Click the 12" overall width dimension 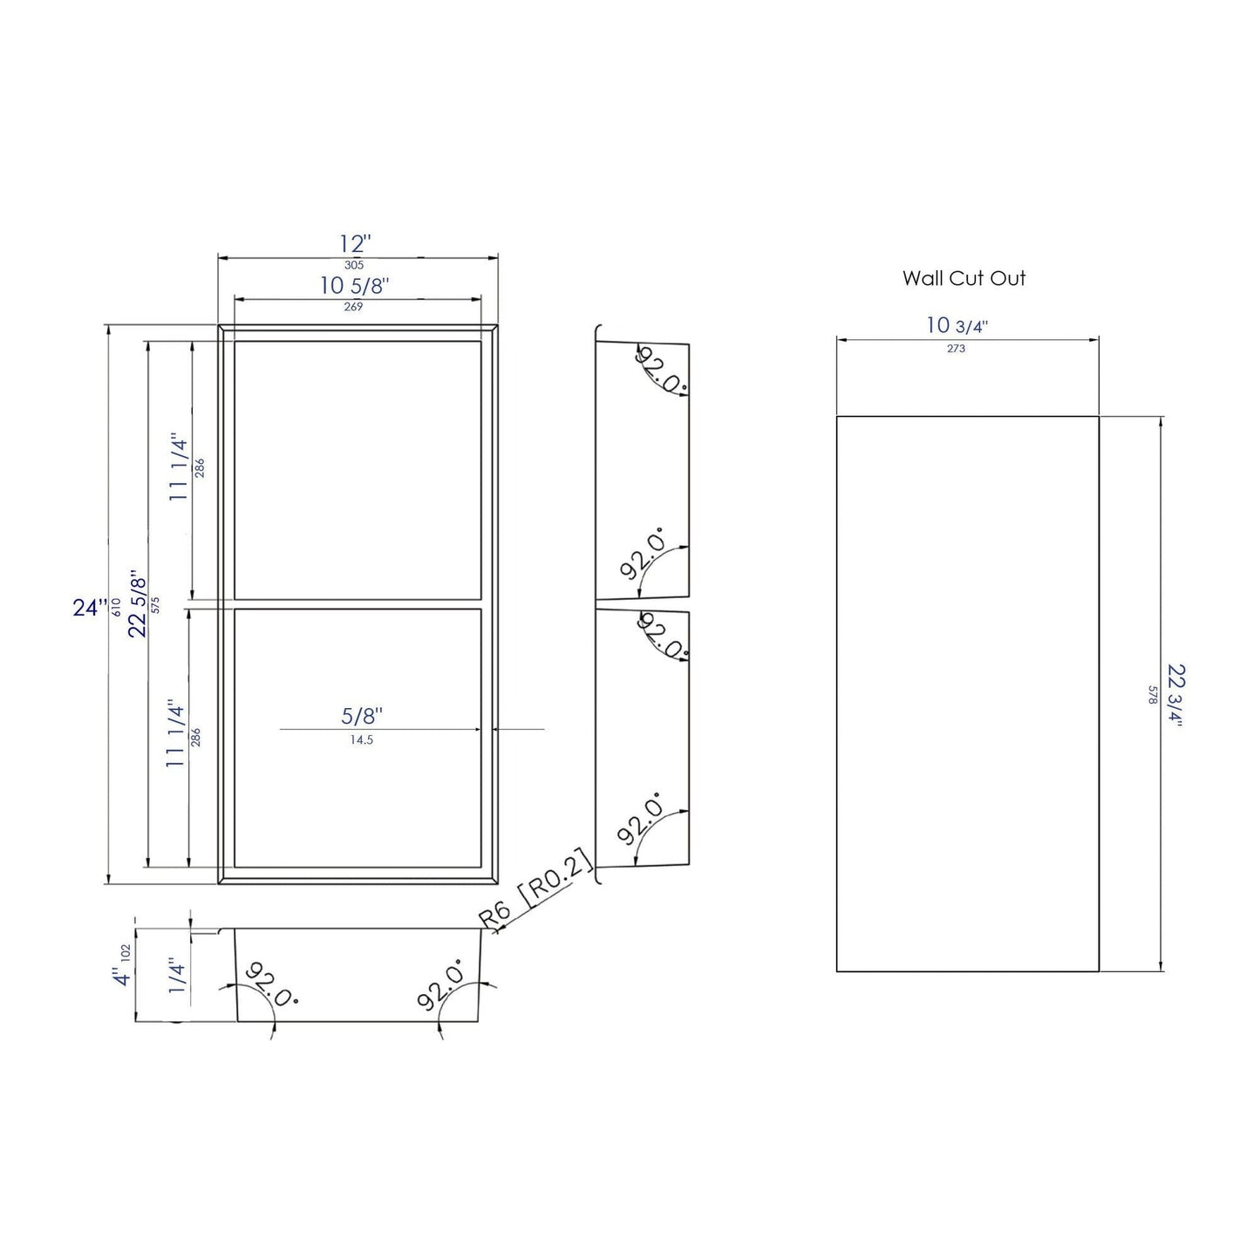coord(355,244)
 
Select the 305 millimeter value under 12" coord(354,265)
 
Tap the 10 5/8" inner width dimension coord(354,285)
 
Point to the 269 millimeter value coord(353,307)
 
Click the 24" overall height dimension coord(90,607)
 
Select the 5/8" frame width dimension coord(362,716)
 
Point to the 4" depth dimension coord(121,977)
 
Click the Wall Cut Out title coord(964,278)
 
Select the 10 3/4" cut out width coord(957,326)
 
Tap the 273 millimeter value coord(956,349)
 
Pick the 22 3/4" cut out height coord(1176,694)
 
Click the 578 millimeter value coord(1153,694)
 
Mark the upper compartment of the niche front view coord(358,470)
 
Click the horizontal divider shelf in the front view coord(358,604)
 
